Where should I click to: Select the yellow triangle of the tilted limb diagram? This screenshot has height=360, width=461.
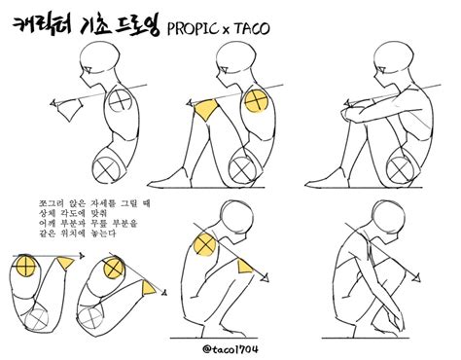pyautogui.click(x=147, y=288)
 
